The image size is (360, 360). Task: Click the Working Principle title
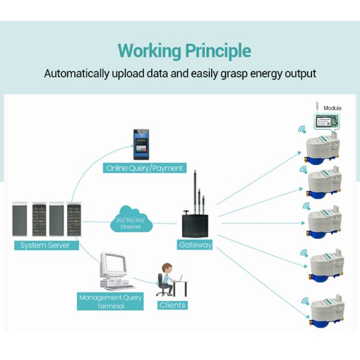click(x=184, y=50)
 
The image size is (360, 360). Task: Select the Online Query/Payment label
click(x=144, y=168)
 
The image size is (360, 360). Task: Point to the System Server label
click(x=45, y=245)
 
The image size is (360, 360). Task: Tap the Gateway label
click(x=196, y=245)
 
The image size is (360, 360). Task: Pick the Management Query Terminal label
click(x=110, y=301)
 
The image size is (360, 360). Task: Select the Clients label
click(x=173, y=305)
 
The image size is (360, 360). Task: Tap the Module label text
click(x=332, y=108)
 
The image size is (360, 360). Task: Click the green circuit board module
click(x=328, y=120)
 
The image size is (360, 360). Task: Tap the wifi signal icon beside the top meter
click(x=302, y=128)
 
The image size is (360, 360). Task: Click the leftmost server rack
click(x=20, y=220)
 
